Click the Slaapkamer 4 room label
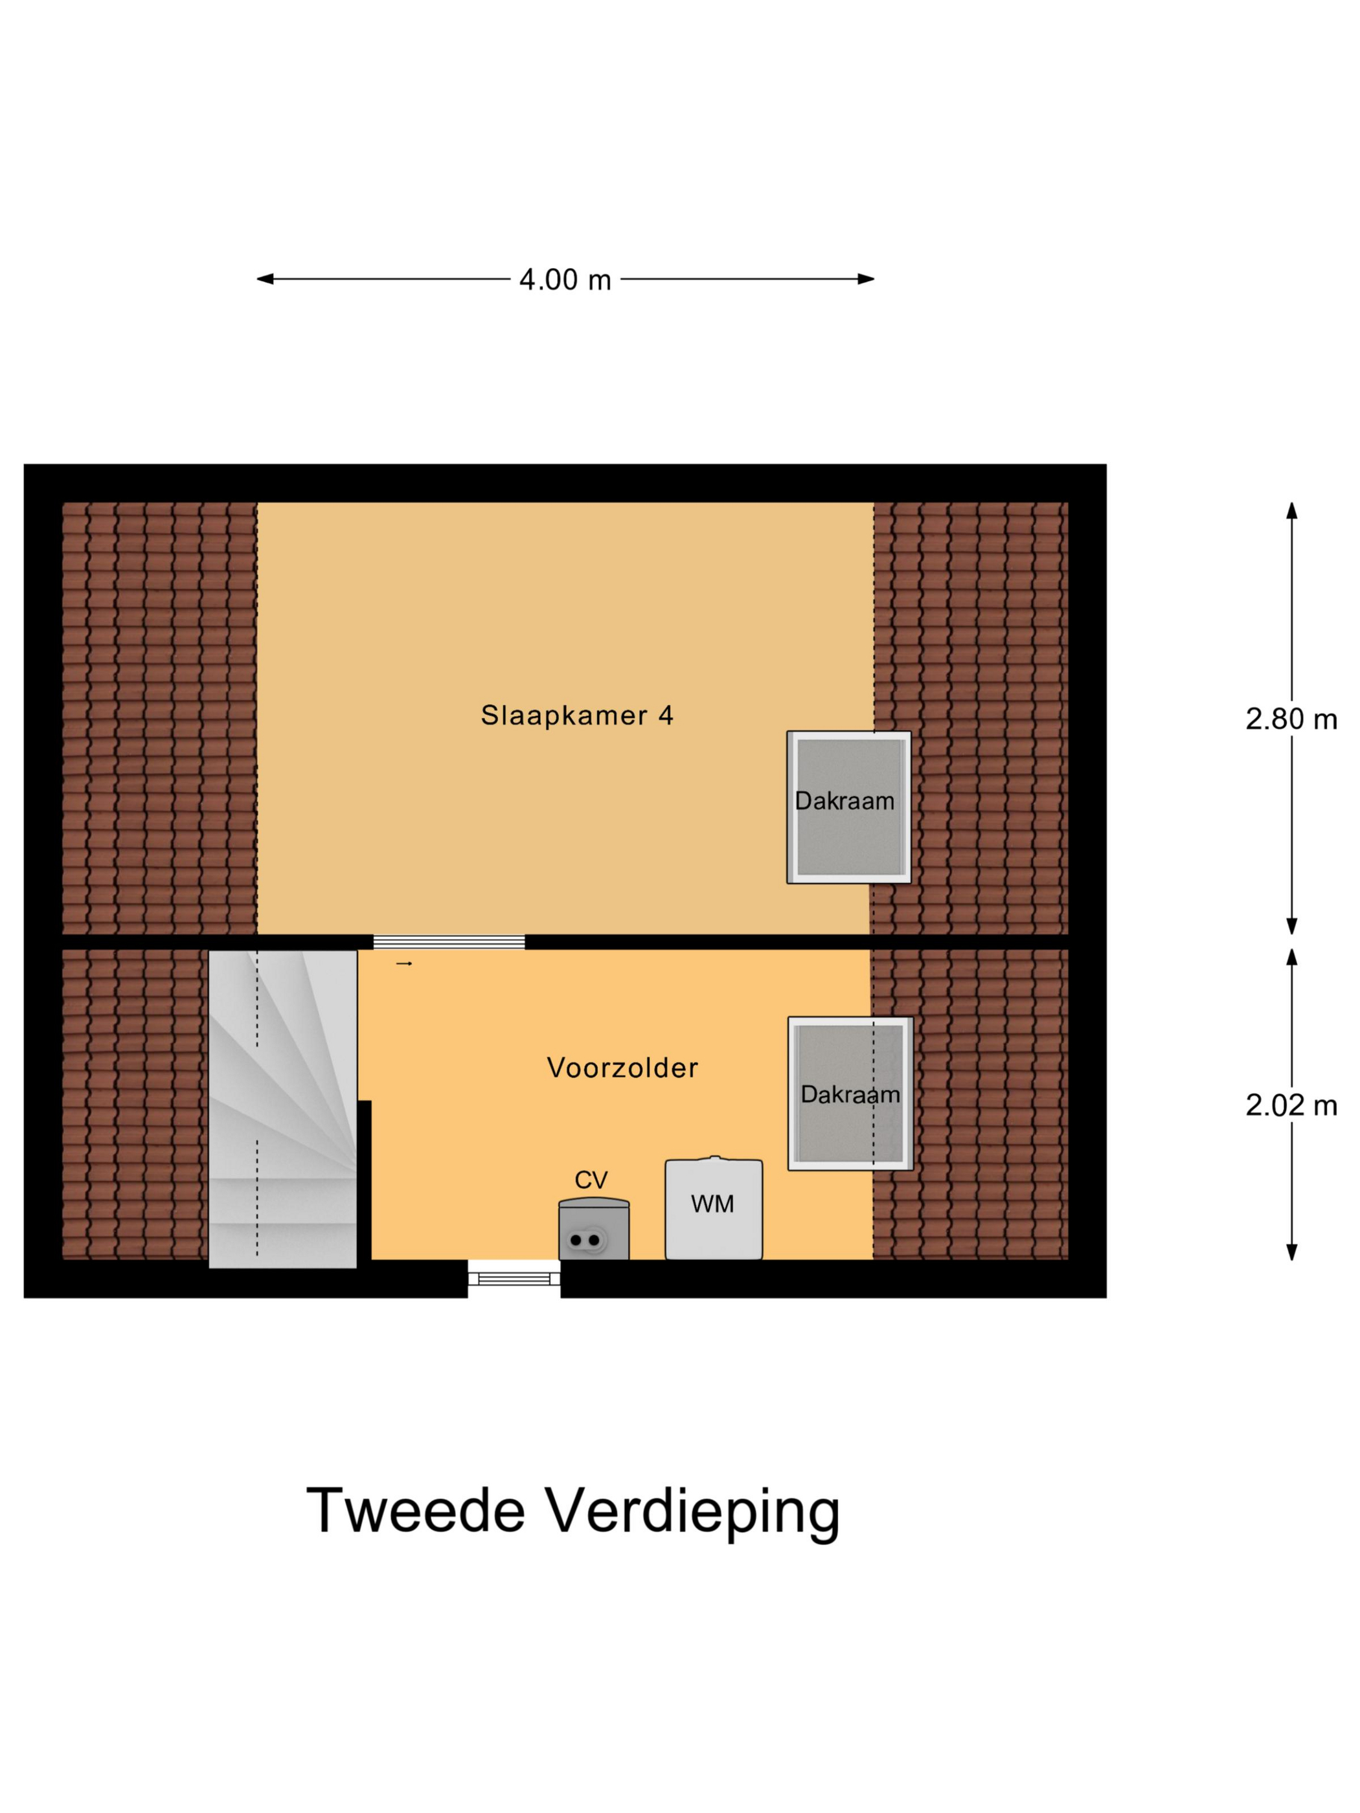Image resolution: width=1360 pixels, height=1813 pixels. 576,715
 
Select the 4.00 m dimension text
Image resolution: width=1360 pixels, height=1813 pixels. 565,280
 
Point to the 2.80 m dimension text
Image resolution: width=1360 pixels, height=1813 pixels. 1290,719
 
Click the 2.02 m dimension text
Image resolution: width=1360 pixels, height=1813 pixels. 1290,1106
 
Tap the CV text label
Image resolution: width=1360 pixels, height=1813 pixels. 590,1180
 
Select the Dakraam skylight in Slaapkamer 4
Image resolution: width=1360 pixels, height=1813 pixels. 848,807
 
